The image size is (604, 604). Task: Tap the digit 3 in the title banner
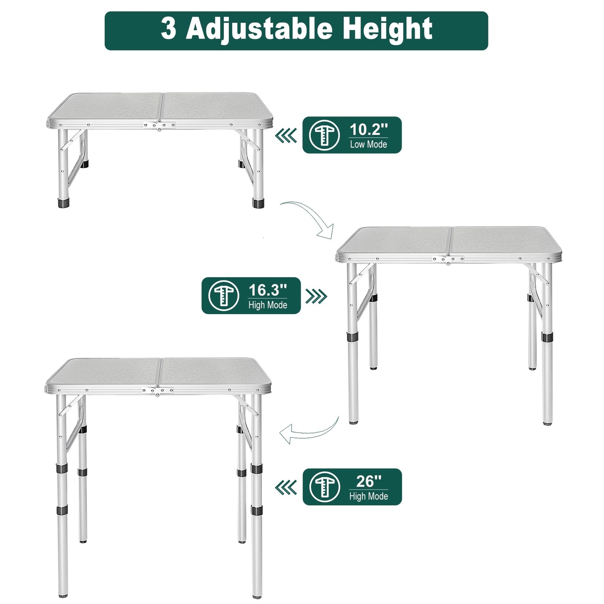[x=168, y=29]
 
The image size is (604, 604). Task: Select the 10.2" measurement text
[x=368, y=129]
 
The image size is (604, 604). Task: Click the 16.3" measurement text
[x=268, y=290]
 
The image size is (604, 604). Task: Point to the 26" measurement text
[x=368, y=481]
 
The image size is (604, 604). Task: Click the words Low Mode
[x=368, y=144]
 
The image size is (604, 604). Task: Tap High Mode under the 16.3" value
[x=268, y=305]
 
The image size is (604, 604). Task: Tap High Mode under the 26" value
[x=368, y=496]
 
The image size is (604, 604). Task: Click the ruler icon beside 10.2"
[x=324, y=135]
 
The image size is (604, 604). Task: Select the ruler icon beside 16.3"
[x=223, y=296]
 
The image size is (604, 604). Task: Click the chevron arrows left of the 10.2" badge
[x=286, y=136]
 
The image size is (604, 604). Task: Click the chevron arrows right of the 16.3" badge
[x=316, y=296]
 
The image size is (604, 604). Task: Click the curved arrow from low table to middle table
[x=310, y=219]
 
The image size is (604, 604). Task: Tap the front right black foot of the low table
[x=258, y=203]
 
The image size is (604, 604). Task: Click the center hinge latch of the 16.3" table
[x=448, y=260]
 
